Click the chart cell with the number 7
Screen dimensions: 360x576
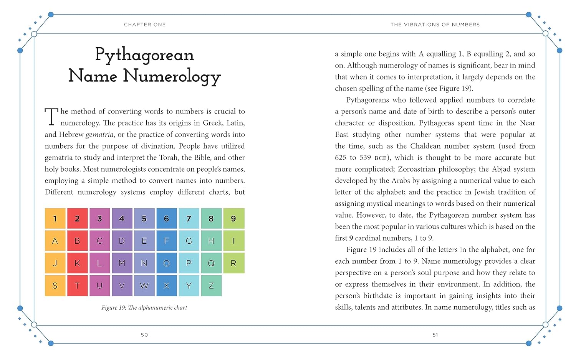point(189,218)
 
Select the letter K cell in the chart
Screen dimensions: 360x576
point(77,263)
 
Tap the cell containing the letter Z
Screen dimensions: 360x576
point(211,286)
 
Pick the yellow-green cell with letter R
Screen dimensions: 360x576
point(233,263)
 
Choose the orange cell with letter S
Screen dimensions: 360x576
point(55,286)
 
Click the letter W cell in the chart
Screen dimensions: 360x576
point(144,286)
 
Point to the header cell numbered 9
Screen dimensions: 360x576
point(233,218)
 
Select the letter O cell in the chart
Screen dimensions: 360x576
point(166,263)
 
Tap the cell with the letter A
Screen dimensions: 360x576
point(55,241)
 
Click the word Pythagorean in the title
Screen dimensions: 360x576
point(144,55)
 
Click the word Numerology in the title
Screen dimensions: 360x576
point(172,76)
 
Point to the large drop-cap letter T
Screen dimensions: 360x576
point(51,117)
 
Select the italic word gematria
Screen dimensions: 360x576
point(99,135)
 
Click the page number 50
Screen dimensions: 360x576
point(144,335)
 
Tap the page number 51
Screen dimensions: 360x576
point(435,335)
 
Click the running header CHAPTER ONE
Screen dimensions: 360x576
point(145,25)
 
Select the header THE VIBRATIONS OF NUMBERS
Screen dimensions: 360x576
point(435,25)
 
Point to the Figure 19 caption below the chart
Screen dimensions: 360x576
point(144,307)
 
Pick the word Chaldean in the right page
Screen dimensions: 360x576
point(426,146)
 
